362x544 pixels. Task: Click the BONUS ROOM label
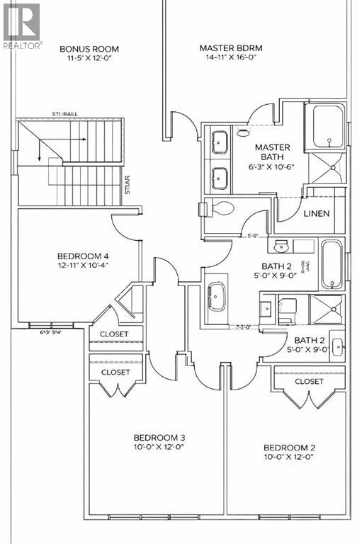click(x=89, y=49)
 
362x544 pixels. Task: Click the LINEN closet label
click(x=315, y=213)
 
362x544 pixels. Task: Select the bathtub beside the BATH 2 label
click(x=330, y=263)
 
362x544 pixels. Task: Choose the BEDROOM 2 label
click(x=288, y=447)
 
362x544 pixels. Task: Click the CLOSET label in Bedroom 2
click(x=309, y=381)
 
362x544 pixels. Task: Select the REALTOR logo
click(x=22, y=26)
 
